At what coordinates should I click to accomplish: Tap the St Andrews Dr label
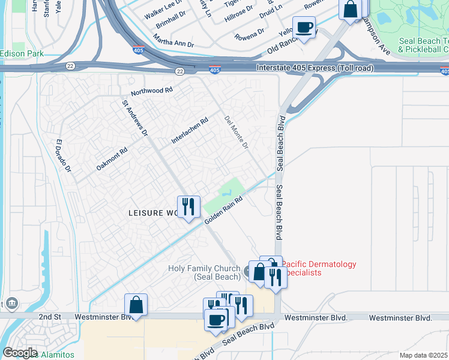pos(134,118)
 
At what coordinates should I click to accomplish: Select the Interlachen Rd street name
pos(189,130)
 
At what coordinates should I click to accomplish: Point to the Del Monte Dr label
pos(236,132)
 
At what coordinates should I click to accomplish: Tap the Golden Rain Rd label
pos(223,211)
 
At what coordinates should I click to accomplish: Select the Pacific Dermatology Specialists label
pos(318,268)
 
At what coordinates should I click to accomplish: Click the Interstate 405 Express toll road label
pos(315,68)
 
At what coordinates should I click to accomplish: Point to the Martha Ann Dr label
pos(173,44)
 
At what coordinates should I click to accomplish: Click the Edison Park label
pos(22,53)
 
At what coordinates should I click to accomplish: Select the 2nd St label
pos(49,316)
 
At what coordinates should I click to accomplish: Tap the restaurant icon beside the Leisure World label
pos(188,206)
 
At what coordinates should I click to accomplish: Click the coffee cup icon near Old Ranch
pos(304,26)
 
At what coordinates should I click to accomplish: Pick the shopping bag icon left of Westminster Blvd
pos(136,304)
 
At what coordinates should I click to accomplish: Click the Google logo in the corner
pos(19,353)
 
